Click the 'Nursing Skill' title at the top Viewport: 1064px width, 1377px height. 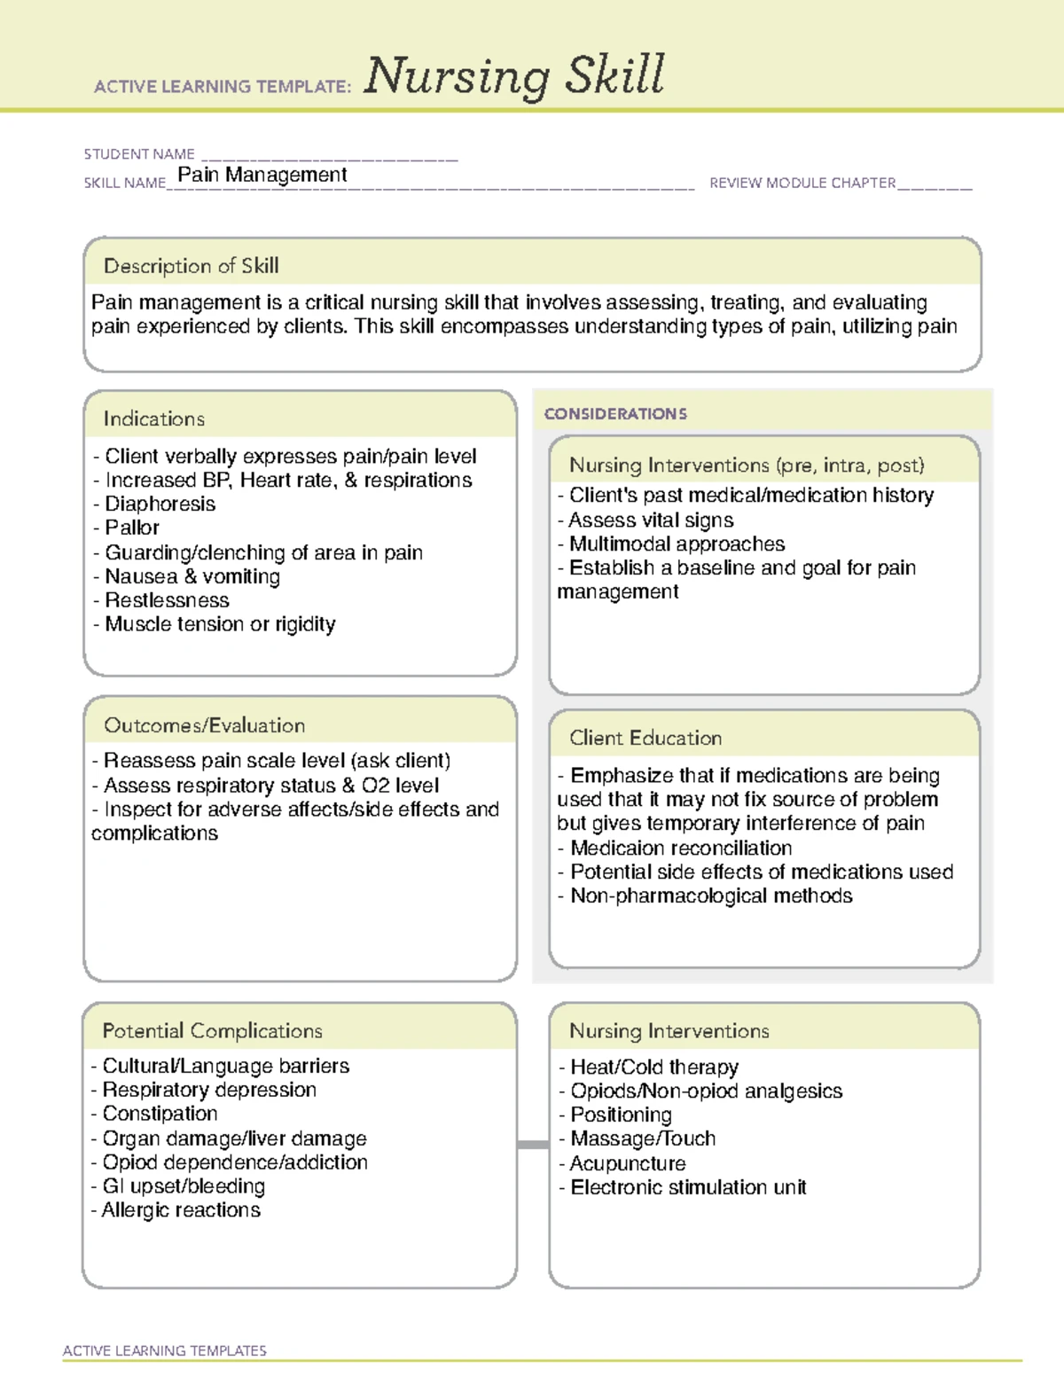(514, 76)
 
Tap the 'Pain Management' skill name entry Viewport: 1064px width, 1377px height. (262, 175)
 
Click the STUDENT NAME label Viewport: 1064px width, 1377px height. (139, 154)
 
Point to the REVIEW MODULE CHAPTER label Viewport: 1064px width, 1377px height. (802, 184)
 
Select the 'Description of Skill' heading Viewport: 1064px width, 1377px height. (191, 266)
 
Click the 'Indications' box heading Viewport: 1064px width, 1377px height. (154, 419)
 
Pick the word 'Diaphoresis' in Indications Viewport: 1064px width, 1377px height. (160, 504)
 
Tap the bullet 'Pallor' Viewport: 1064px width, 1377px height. (131, 528)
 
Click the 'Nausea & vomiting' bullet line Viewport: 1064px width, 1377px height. (192, 576)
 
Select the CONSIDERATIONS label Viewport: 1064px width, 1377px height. (615, 414)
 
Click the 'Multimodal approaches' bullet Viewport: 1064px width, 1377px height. (677, 544)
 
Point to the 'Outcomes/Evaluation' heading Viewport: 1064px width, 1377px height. (204, 725)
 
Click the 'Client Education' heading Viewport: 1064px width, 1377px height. (645, 738)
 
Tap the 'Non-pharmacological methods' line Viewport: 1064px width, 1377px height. (710, 896)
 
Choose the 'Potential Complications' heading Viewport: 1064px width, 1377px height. (212, 1030)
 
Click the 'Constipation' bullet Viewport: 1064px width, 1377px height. (160, 1114)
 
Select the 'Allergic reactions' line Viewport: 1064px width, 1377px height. (180, 1210)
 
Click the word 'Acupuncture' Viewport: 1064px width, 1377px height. (628, 1163)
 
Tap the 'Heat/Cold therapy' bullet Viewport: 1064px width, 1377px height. (653, 1067)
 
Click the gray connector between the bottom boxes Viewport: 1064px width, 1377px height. (533, 1145)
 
